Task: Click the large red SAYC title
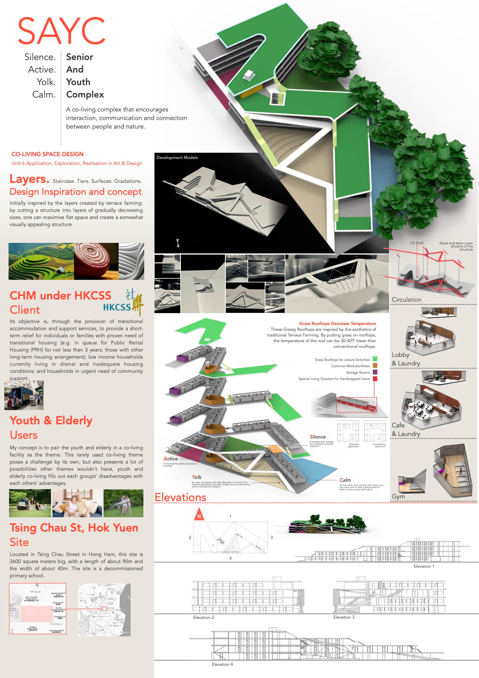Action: point(61,31)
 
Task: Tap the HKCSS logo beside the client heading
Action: point(123,303)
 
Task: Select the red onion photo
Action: point(96,261)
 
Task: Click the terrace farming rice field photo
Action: point(41,261)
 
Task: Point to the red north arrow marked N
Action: point(199,514)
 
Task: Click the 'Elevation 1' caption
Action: point(424,566)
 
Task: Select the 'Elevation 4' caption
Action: point(222,664)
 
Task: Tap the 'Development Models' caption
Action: point(177,157)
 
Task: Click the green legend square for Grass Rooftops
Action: point(375,359)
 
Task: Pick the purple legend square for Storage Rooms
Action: point(375,372)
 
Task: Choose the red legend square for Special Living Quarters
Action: point(375,379)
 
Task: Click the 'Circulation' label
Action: point(406,299)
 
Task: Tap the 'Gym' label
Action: point(398,496)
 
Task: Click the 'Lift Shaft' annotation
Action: point(417,243)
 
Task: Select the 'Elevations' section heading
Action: point(180,497)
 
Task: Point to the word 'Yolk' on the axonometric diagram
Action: point(197,477)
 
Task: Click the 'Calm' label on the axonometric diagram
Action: point(345,480)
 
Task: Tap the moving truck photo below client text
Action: point(24,395)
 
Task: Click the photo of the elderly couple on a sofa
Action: point(77,503)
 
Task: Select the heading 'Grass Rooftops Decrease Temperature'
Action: point(337,323)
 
